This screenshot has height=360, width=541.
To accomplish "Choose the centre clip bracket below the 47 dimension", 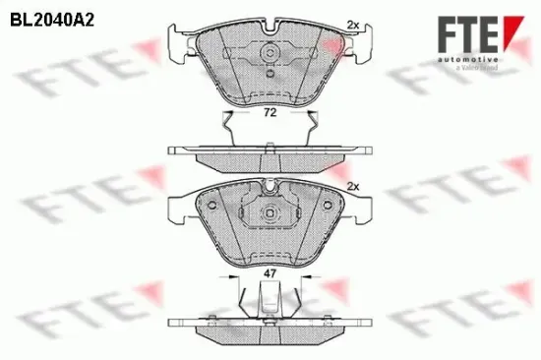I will (267, 300).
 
